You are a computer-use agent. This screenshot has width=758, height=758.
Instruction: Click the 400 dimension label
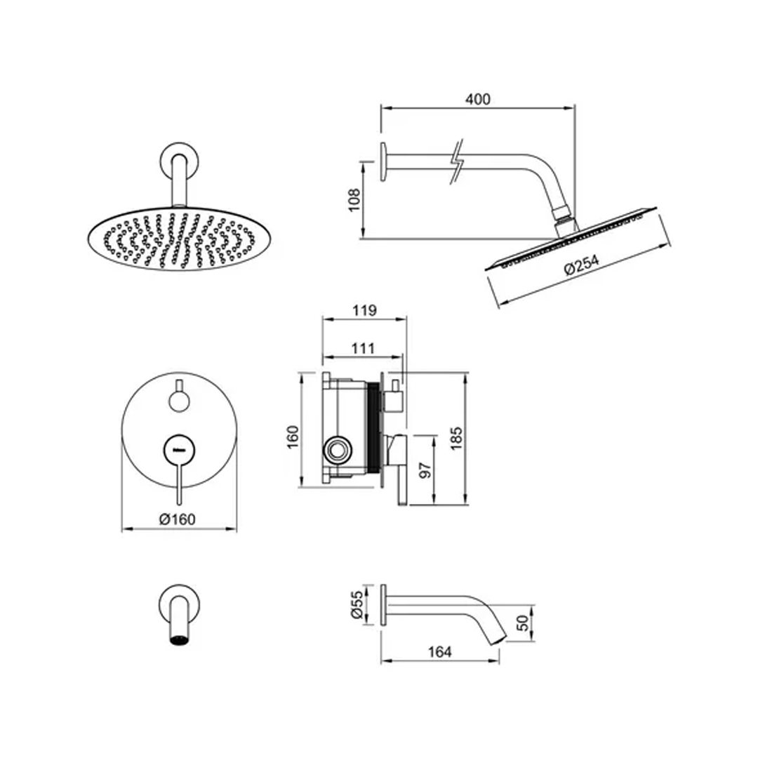click(478, 99)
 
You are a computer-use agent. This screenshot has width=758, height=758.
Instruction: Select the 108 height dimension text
click(355, 199)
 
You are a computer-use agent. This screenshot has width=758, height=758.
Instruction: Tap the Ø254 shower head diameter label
click(581, 265)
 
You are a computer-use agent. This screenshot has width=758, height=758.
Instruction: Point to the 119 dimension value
click(364, 310)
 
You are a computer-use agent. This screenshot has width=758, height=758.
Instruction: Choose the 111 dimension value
click(363, 348)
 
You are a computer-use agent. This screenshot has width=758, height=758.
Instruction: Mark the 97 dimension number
click(425, 470)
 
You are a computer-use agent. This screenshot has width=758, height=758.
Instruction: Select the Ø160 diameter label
click(178, 519)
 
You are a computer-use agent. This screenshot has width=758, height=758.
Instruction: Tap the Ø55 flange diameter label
click(357, 604)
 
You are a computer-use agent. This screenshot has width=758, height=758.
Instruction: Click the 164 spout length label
click(440, 651)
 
